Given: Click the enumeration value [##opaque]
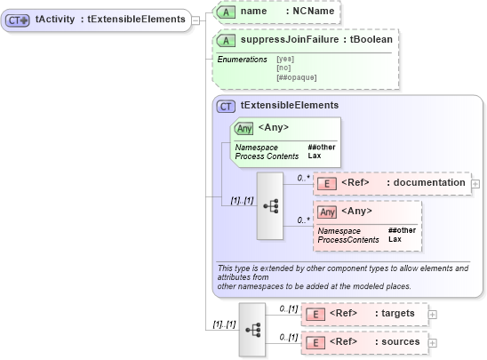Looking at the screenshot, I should point(297,77).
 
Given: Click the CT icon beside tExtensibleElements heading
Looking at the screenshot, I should point(227,106).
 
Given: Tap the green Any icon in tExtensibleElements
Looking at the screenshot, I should point(243,128).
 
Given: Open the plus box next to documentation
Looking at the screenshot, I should point(475,184).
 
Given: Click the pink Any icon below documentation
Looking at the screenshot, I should point(327,212).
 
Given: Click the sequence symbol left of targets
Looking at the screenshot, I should point(251,327).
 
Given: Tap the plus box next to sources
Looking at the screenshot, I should point(433,342).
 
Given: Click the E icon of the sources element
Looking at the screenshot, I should point(314,342).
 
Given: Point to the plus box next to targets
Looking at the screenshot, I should point(433,314).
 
